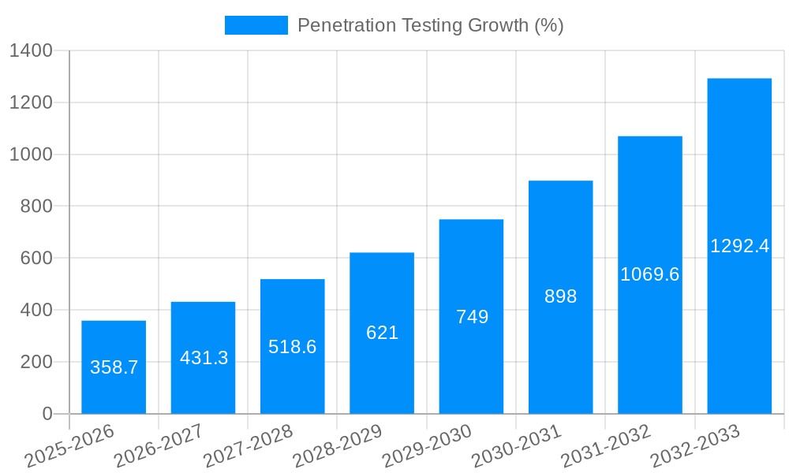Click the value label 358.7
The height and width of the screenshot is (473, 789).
pos(114,367)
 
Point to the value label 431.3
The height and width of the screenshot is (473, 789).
pos(204,358)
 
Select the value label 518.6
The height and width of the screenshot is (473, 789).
pos(292,347)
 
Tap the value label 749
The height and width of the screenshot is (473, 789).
pos(472,317)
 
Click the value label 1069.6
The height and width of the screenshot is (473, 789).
pos(649,274)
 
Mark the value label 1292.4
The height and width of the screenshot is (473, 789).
pos(739,246)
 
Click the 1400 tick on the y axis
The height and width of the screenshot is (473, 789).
pos(31,51)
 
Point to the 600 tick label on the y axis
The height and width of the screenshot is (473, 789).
pos(36,259)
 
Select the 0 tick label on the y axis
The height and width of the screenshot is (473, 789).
pos(47,414)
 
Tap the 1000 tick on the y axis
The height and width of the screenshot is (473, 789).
pos(31,155)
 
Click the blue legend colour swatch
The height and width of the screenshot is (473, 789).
pos(256,25)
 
